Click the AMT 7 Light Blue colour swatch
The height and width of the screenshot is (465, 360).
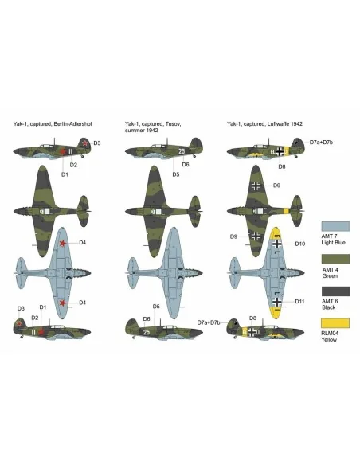click(335, 226)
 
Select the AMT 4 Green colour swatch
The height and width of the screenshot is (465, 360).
click(335, 259)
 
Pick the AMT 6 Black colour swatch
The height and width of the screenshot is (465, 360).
click(335, 291)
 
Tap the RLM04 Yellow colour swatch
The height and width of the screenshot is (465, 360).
click(335, 323)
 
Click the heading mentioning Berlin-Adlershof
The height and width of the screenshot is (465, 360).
click(53, 124)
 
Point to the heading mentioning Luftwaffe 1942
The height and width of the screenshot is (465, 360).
click(264, 124)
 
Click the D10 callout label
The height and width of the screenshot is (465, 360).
click(299, 244)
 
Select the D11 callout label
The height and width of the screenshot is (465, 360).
click(299, 301)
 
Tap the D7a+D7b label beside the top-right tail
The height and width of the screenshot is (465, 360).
click(321, 143)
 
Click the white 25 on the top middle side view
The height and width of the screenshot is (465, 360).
click(182, 151)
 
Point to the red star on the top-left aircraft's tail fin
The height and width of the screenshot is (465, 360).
click(85, 143)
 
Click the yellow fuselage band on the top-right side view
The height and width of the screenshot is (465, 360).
click(287, 151)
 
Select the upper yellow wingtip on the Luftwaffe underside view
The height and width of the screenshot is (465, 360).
click(276, 233)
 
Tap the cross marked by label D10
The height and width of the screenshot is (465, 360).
click(276, 244)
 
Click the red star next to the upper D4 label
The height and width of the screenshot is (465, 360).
click(63, 243)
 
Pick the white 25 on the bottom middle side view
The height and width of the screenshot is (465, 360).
click(147, 332)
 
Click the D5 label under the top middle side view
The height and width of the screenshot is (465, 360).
click(176, 174)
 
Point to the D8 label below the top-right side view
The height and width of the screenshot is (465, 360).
click(282, 166)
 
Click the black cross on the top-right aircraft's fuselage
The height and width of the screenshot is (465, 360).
click(280, 151)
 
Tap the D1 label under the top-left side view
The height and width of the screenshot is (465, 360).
click(65, 174)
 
